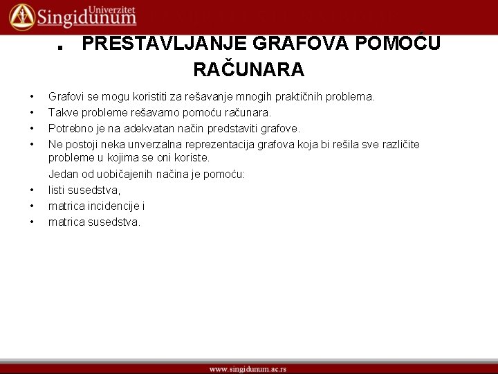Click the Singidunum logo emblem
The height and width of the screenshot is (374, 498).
(21, 16)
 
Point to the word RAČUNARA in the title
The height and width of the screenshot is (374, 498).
(248, 70)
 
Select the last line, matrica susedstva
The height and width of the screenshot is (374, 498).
(94, 222)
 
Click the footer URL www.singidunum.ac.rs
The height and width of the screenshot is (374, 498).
(248, 368)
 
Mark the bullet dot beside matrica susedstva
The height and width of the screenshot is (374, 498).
(32, 222)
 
